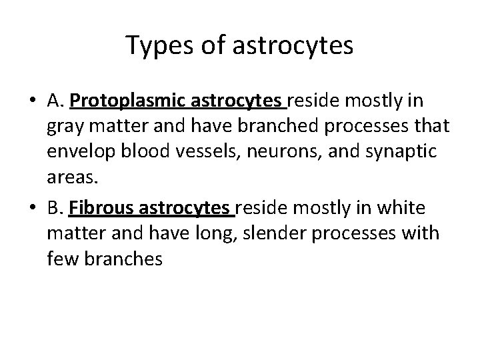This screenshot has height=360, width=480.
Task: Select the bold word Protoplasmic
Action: [x=128, y=102]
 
